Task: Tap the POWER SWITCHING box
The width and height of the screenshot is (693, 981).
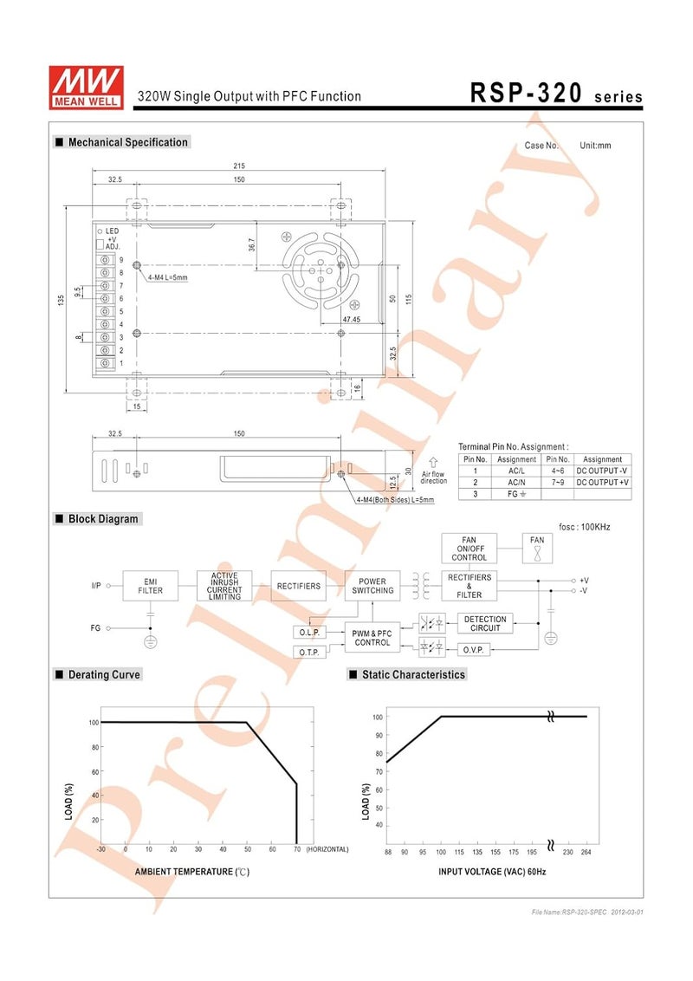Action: click(x=372, y=586)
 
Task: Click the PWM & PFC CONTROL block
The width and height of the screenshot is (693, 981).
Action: click(x=372, y=638)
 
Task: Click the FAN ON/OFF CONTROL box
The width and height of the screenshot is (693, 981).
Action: click(x=469, y=549)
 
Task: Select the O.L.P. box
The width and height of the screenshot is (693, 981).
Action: click(x=309, y=633)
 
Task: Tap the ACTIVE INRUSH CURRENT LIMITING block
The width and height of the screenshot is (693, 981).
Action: click(x=224, y=586)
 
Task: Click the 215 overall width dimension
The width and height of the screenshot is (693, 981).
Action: click(x=239, y=166)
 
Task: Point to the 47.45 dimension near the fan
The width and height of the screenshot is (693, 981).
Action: click(x=351, y=319)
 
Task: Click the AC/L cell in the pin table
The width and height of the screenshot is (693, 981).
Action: click(x=516, y=471)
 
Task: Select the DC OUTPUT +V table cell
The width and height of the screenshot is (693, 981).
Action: click(x=602, y=482)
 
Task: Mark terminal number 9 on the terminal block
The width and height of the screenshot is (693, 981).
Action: click(x=121, y=260)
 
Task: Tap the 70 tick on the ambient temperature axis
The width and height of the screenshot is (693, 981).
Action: click(x=297, y=850)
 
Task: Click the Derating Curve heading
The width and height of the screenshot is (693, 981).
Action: click(x=103, y=674)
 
